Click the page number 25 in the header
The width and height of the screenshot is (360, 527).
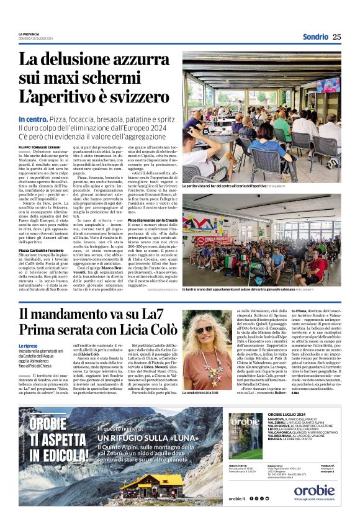[x=336, y=37]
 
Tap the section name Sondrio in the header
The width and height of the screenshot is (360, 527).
[x=315, y=37]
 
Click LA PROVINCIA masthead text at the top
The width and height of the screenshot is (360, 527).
[x=29, y=34]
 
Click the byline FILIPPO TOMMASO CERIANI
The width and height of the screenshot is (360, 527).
[x=39, y=146]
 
